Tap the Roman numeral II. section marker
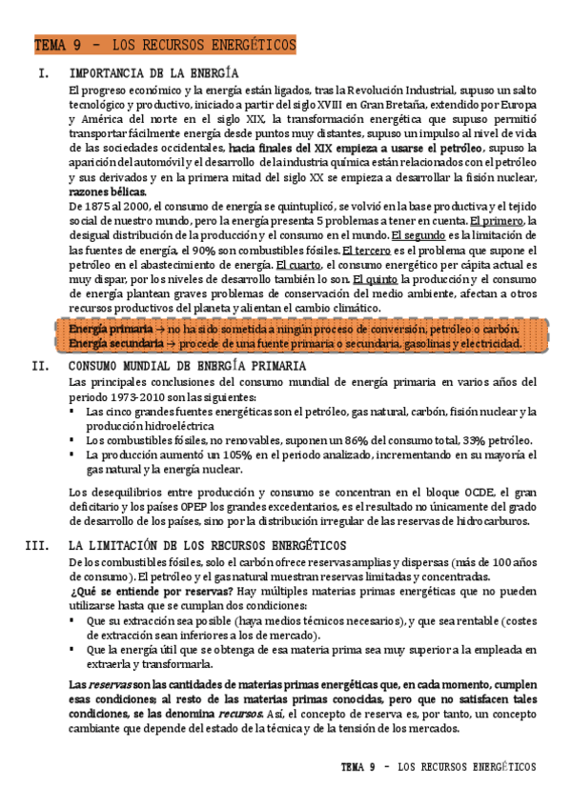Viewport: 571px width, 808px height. tap(39, 365)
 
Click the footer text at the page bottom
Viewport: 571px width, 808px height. tap(438, 766)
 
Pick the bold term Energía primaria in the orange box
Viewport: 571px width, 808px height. tap(104, 329)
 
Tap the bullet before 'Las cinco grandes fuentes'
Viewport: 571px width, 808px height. tap(74, 412)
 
